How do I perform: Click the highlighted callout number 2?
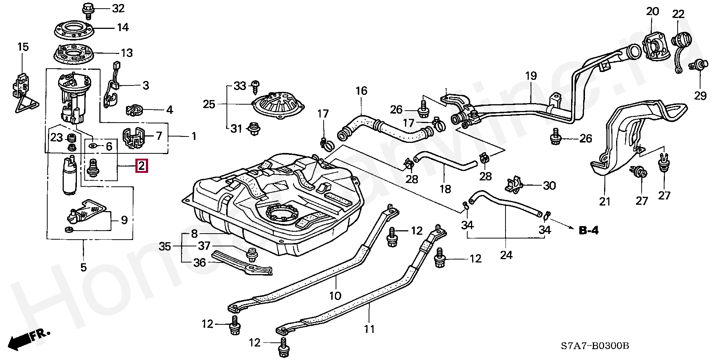[141, 165]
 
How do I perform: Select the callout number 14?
[123, 27]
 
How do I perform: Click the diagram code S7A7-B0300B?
[595, 345]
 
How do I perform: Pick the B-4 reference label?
[588, 230]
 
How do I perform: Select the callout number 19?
[531, 76]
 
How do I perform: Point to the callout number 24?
[506, 255]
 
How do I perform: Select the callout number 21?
[605, 202]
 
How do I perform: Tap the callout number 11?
[369, 329]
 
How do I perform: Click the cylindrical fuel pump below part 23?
[70, 176]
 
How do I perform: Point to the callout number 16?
[361, 91]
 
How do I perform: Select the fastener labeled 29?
[700, 67]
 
